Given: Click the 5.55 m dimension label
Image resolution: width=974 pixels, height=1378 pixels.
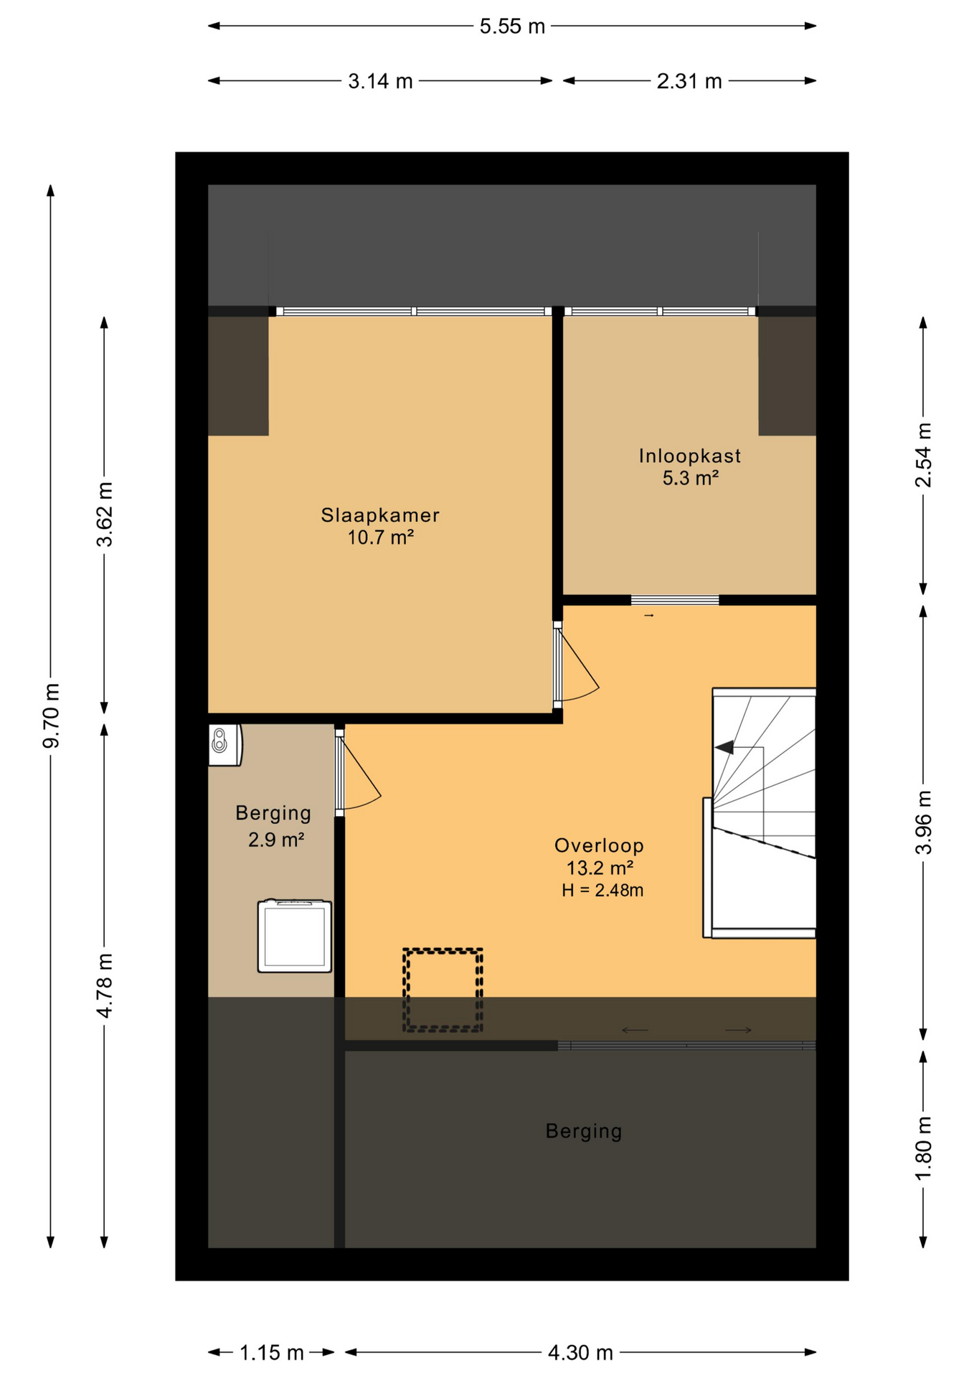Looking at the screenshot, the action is [x=512, y=27].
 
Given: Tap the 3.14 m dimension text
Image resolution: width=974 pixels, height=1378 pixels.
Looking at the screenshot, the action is [x=380, y=81].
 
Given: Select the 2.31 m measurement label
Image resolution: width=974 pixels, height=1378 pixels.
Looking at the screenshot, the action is [x=689, y=81].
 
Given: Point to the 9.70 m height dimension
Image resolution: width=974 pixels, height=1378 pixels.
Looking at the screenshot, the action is [x=51, y=716].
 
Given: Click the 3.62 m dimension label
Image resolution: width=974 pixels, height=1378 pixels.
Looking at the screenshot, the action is [x=105, y=515].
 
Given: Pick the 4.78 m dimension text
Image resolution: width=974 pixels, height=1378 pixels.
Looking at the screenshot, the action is [x=105, y=985].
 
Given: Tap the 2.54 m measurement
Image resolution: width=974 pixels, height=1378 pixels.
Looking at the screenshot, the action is [x=923, y=455].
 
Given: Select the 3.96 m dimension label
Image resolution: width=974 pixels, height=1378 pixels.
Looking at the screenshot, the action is [x=923, y=822].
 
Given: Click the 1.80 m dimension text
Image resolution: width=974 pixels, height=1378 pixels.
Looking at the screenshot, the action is [x=923, y=1147].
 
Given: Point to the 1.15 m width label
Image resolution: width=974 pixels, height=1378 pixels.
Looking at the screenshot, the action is [x=272, y=1353].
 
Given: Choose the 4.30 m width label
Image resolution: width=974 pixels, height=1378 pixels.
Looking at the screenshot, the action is [x=580, y=1353].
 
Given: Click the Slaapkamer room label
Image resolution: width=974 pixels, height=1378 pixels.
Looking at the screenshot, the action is [x=380, y=515].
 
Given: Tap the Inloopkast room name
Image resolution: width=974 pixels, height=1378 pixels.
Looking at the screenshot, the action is [x=690, y=456].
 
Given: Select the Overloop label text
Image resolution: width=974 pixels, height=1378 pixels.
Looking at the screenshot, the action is [x=599, y=845].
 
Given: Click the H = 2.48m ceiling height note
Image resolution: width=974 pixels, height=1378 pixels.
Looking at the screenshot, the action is [x=602, y=891].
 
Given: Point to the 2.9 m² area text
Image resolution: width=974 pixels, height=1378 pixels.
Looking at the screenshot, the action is [x=276, y=839].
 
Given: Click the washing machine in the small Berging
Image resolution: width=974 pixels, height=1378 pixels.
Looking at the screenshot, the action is [x=295, y=936].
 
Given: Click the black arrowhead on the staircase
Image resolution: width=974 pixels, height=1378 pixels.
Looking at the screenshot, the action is [x=724, y=747].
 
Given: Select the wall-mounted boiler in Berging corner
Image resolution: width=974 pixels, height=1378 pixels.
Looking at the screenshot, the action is [x=225, y=745].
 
